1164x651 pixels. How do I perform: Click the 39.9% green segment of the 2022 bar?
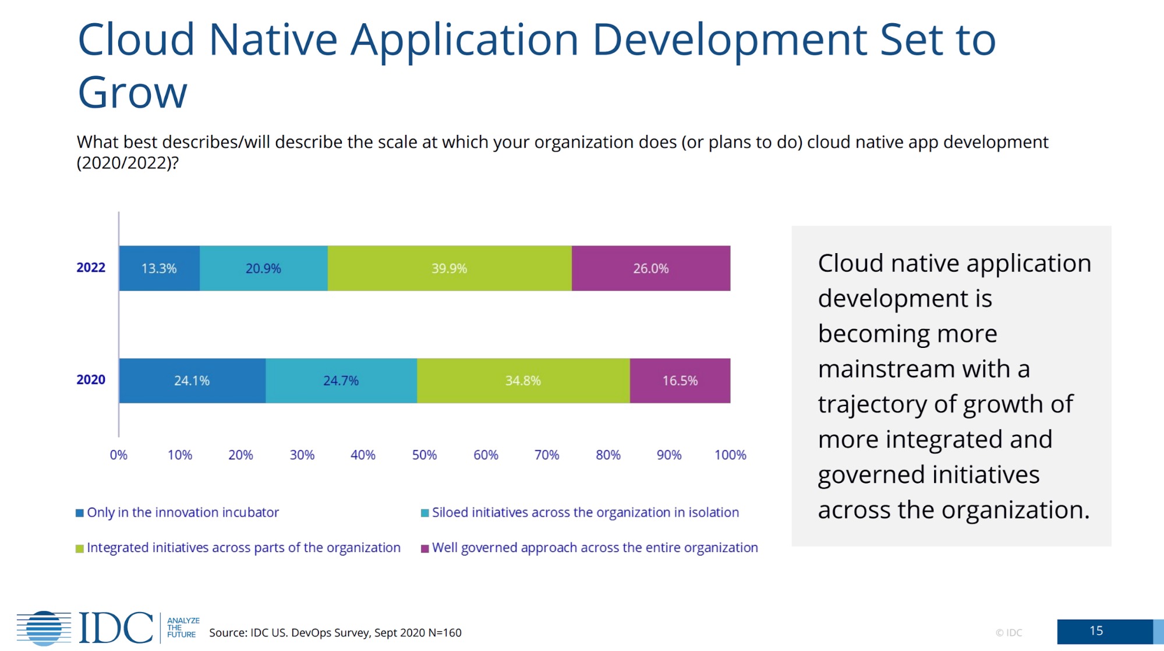point(449,268)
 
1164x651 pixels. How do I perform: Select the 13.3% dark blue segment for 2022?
point(159,268)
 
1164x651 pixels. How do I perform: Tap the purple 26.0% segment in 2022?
point(650,268)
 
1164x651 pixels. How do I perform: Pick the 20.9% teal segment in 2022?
point(263,268)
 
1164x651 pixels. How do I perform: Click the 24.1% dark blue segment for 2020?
point(192,380)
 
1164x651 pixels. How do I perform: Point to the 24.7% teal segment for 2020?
point(341,380)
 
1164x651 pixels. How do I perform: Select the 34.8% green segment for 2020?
point(523,380)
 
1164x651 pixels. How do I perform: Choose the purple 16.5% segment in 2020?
point(680,380)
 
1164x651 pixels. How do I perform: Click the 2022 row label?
point(91,268)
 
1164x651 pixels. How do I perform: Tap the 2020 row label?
point(91,380)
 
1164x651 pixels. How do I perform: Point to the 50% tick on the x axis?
point(424,455)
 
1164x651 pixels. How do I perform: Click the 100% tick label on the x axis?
point(730,455)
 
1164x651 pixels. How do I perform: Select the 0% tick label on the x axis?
point(118,455)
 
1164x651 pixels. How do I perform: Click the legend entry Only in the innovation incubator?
point(182,513)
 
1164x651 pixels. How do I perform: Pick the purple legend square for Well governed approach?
point(425,549)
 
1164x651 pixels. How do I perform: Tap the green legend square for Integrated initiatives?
point(80,549)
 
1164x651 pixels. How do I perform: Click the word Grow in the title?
point(133,93)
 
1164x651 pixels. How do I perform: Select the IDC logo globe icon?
point(44,628)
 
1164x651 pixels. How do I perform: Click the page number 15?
point(1096,631)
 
